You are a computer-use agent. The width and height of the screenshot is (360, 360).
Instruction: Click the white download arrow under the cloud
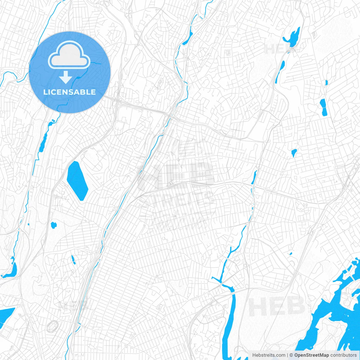66,77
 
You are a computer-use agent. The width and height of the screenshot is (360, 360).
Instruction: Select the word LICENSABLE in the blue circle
69,92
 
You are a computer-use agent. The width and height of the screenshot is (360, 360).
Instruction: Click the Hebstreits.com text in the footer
269,355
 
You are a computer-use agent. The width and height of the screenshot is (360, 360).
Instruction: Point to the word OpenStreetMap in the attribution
311,355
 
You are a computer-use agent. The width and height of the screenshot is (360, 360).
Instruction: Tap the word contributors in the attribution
343,355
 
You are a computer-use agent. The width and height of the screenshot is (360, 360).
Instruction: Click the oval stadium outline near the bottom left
52,326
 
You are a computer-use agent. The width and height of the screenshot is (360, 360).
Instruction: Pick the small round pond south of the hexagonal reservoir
53,225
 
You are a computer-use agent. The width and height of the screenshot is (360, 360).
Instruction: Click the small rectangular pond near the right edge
323,107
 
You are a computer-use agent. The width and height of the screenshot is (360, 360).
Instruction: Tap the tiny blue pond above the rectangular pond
326,82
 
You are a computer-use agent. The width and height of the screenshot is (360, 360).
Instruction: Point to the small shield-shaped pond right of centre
294,152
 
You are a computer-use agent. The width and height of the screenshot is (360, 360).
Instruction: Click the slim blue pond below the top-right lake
280,72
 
